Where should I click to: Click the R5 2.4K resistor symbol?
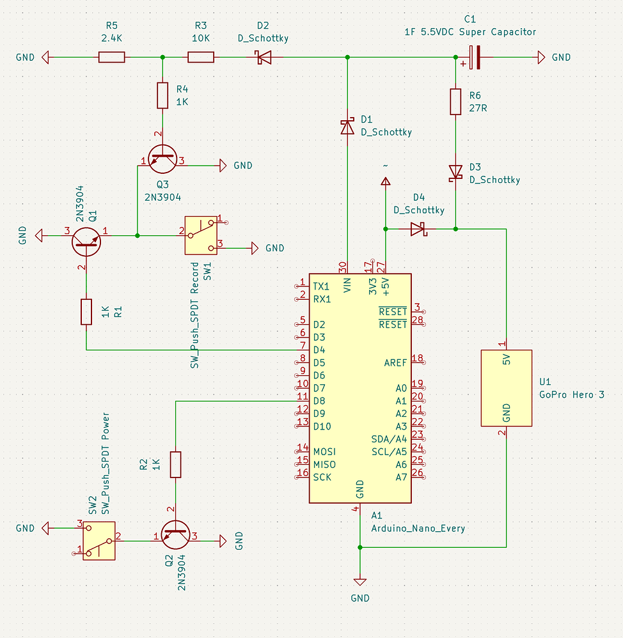pyautogui.click(x=112, y=58)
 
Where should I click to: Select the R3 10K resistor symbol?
pyautogui.click(x=201, y=58)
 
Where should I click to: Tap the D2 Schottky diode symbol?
pyautogui.click(x=262, y=58)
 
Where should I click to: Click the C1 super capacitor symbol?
pyautogui.click(x=474, y=58)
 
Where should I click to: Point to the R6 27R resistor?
pyautogui.click(x=455, y=102)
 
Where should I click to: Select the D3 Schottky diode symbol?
pyautogui.click(x=455, y=172)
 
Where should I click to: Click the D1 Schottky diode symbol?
pyautogui.click(x=347, y=127)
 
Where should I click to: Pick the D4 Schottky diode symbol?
pyautogui.click(x=418, y=228)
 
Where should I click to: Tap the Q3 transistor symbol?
pyautogui.click(x=162, y=157)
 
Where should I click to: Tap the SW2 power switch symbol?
pyautogui.click(x=99, y=540)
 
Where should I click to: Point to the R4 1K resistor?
pyautogui.click(x=162, y=95)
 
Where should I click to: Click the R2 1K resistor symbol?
pyautogui.click(x=175, y=465)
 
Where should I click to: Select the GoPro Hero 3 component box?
pyautogui.click(x=507, y=388)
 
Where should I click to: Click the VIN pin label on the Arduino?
pyautogui.click(x=347, y=285)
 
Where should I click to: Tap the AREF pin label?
pyautogui.click(x=395, y=362)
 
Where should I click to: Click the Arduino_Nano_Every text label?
pyautogui.click(x=418, y=529)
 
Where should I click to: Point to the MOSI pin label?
pyautogui.click(x=324, y=451)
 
